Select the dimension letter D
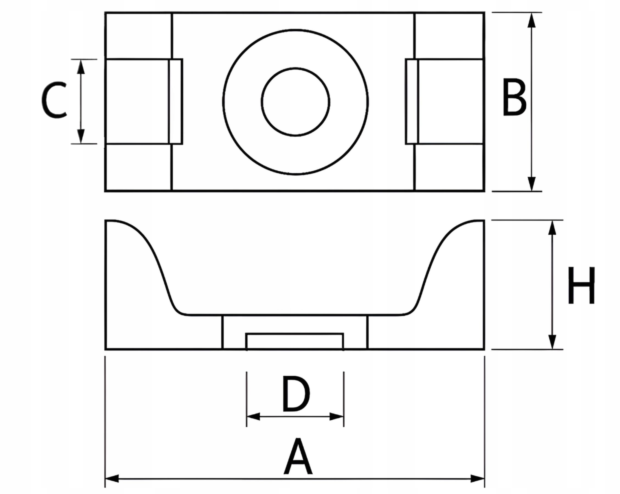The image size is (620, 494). (x=296, y=394)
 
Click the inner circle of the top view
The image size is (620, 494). (x=296, y=102)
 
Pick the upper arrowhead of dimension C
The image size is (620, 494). (x=81, y=67)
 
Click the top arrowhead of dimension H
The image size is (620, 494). (x=552, y=228)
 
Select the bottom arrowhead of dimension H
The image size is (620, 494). (x=552, y=342)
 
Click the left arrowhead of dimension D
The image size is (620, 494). (x=254, y=416)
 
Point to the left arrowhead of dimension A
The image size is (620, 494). (x=112, y=479)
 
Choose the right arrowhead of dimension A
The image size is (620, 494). (x=477, y=479)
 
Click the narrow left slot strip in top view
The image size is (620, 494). (x=175, y=101)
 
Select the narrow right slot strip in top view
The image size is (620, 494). (x=412, y=101)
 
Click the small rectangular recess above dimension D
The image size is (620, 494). (x=295, y=341)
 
